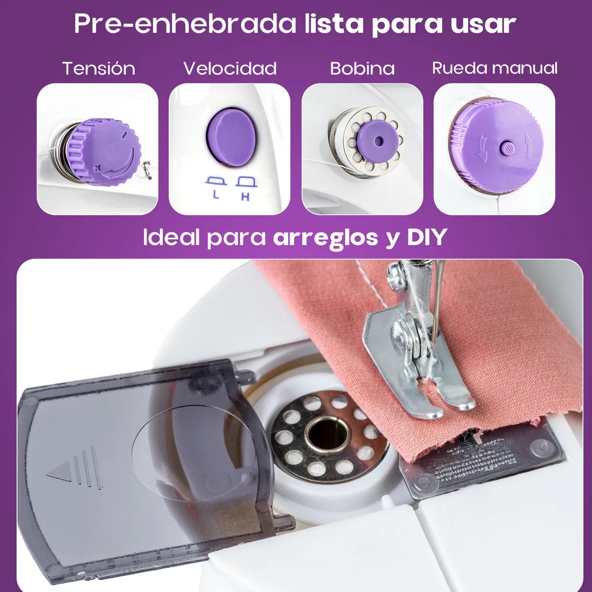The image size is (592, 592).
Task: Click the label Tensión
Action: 99,68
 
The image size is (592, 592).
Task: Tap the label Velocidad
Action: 230,68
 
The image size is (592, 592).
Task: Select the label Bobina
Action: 362,68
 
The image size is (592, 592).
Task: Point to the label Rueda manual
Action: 495,68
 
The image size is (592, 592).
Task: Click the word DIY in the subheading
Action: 426,237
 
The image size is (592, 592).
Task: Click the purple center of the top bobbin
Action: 378,140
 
